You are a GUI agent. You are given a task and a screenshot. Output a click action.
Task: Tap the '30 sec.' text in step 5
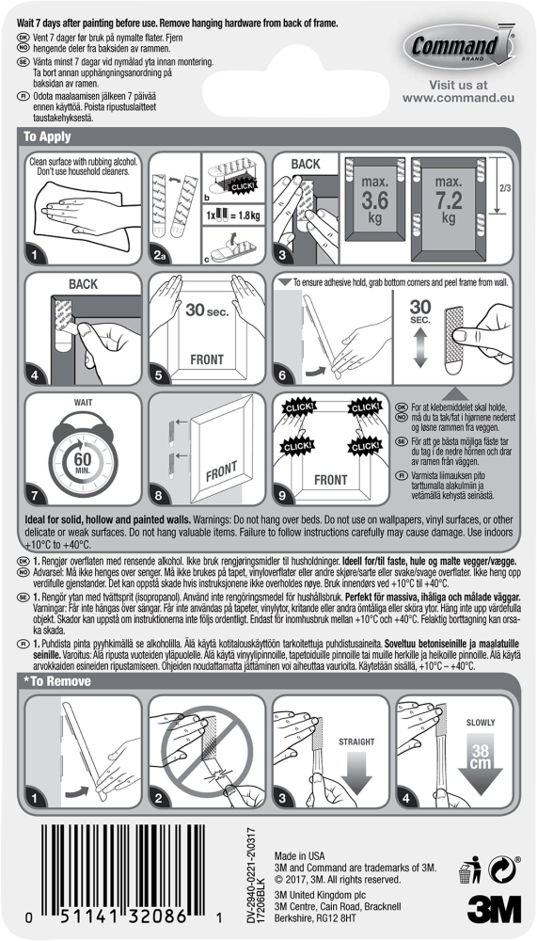(203, 311)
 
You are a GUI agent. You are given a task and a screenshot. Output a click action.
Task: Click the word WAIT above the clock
(77, 402)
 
